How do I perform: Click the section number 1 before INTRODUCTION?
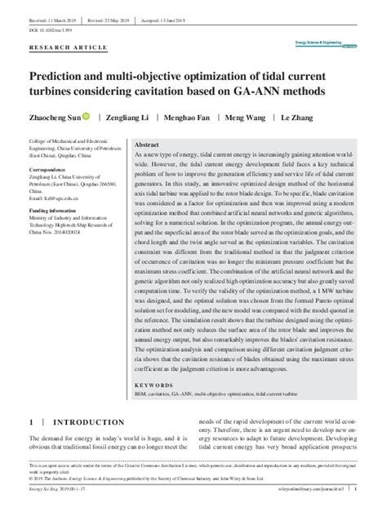point(31,422)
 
